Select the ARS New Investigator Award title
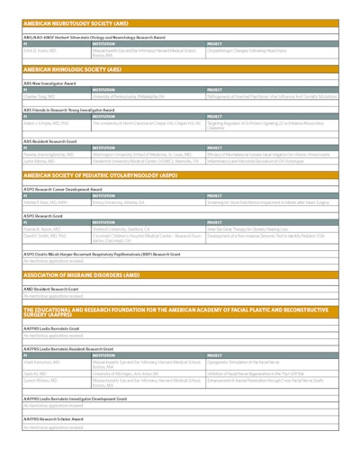[x=50, y=82]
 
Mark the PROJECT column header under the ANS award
[x=215, y=41]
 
